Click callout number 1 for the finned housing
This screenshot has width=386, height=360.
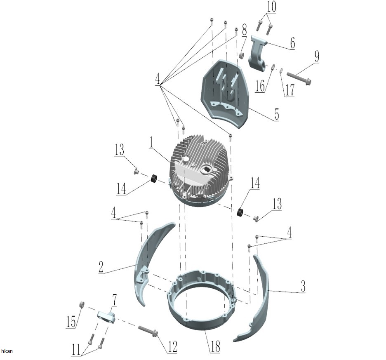151,143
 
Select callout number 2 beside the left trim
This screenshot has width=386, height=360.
101,267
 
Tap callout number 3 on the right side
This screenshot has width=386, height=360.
303,286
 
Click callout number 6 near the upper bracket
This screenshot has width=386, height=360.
292,43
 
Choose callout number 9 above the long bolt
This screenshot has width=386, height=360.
317,56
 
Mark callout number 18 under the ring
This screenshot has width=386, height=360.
215,346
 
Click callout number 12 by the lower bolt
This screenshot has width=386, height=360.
172,347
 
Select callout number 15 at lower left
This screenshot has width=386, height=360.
71,321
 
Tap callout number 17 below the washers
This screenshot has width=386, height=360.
289,90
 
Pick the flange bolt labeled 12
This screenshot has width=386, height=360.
148,331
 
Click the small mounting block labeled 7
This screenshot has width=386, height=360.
106,316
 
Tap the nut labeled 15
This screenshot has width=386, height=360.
81,304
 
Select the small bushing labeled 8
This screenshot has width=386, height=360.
242,55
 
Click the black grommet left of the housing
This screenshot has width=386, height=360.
154,178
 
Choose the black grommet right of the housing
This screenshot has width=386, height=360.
240,212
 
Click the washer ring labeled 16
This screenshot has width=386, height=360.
273,67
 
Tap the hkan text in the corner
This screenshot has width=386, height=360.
7,351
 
